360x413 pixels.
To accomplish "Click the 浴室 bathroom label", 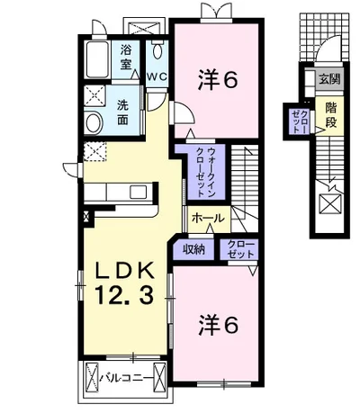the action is pos(126,57).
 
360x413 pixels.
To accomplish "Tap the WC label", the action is pos(157,76).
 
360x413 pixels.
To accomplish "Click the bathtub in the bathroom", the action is pos(98,59).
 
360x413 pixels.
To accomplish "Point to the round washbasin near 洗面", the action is pos(94,122).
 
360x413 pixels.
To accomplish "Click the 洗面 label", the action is pos(122,112).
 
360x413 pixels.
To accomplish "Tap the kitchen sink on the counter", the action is pos(139,192).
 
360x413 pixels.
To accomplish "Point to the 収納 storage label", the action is pos(194,248).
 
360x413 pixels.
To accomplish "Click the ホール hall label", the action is pos(208,218).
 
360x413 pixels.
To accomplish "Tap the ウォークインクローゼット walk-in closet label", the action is pos(205,172).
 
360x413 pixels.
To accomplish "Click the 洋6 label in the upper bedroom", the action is pos(218,80).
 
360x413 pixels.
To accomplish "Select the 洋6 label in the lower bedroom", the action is pos(218,326).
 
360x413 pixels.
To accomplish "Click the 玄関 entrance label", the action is pos(329,79).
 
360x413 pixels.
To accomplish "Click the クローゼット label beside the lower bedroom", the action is pos(238,249).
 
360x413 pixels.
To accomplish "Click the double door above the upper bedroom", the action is pos(216,10).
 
